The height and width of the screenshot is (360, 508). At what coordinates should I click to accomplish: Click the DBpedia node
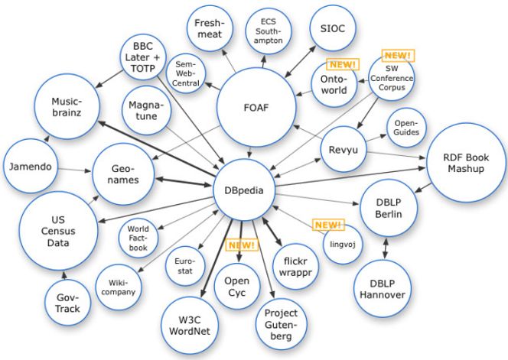click(x=244, y=190)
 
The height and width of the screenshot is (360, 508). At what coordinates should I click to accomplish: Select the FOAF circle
click(x=256, y=107)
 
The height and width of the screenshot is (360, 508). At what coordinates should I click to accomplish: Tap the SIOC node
click(x=332, y=28)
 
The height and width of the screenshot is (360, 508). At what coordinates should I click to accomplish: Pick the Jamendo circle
click(x=31, y=166)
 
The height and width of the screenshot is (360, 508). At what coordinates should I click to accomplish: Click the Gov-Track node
click(x=67, y=303)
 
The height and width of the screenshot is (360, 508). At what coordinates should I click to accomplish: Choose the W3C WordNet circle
click(x=190, y=326)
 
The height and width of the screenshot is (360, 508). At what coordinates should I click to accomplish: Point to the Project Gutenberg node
click(x=281, y=324)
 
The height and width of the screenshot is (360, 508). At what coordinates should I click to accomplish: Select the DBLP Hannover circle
click(x=383, y=289)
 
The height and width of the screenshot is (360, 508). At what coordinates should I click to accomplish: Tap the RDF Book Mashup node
click(x=466, y=163)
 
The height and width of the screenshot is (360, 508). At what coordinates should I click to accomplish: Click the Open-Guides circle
click(x=406, y=128)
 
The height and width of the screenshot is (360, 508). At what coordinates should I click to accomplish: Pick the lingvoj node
click(x=343, y=245)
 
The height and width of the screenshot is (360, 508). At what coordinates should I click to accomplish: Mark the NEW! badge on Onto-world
click(x=343, y=64)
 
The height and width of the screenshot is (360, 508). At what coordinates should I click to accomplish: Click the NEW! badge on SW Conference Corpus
click(x=398, y=55)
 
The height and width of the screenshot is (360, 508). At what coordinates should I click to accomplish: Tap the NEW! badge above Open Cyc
click(x=242, y=245)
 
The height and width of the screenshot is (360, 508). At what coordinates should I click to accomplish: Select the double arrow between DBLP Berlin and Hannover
click(x=386, y=248)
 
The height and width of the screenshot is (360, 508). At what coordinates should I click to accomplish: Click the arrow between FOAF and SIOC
click(x=300, y=61)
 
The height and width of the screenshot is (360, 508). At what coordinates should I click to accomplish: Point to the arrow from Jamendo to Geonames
click(x=75, y=170)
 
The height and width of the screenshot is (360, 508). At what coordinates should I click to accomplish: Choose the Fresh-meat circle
click(x=210, y=28)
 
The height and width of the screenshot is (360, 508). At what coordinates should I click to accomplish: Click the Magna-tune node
click(x=146, y=110)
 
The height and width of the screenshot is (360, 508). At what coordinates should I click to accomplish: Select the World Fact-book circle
click(x=138, y=238)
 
